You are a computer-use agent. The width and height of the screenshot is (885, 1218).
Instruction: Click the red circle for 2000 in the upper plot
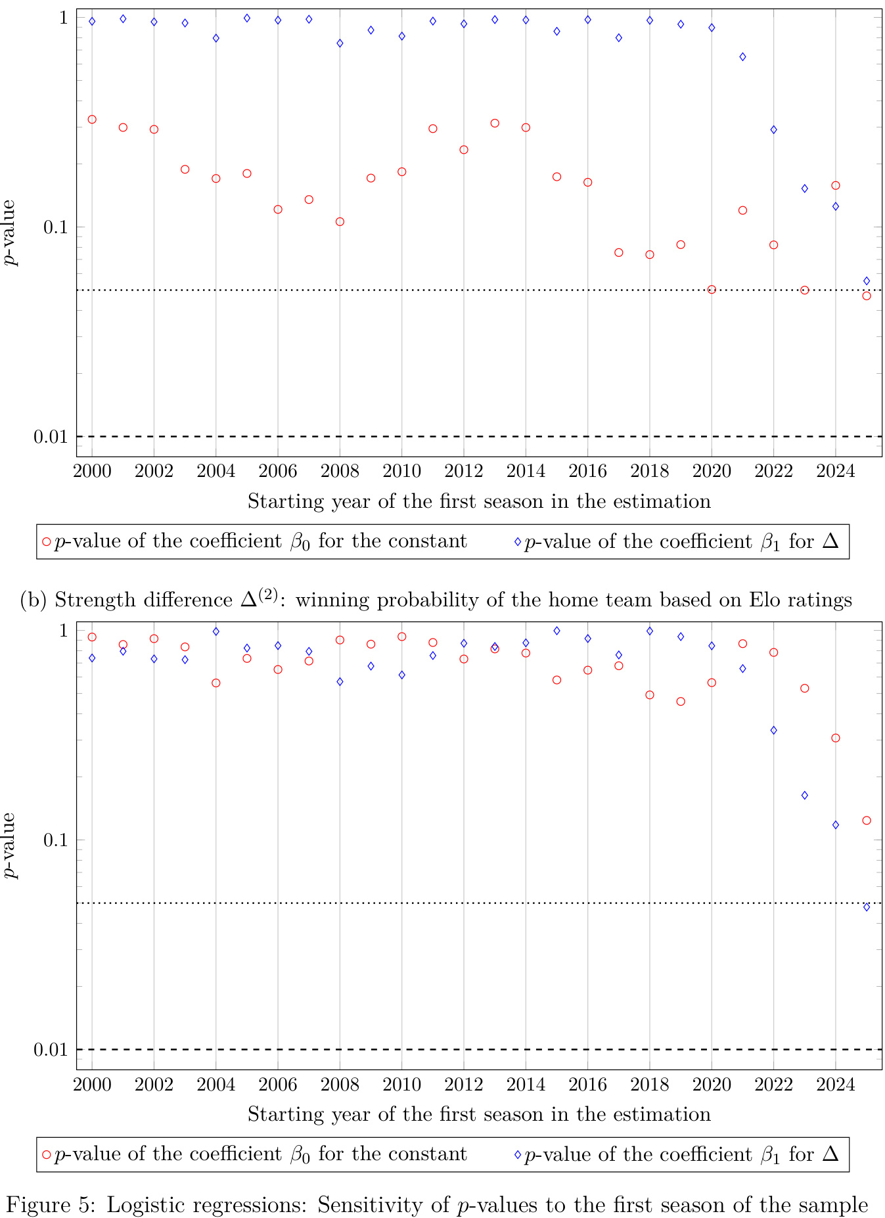92,120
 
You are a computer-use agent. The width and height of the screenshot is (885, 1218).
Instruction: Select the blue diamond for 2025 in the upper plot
866,281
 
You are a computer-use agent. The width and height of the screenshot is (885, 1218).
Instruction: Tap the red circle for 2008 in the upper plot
340,221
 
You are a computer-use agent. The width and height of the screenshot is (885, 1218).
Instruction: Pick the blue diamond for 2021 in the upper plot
742,57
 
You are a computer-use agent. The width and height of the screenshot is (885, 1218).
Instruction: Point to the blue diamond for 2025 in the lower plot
866,907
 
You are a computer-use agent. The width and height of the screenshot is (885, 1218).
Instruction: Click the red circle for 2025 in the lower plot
866,821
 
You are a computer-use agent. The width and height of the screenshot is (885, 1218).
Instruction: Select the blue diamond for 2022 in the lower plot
773,731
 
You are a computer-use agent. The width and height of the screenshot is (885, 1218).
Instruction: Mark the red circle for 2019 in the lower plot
681,702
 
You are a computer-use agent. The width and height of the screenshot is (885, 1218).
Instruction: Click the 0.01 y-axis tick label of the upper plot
50,437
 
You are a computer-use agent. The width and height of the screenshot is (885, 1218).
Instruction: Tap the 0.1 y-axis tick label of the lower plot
55,840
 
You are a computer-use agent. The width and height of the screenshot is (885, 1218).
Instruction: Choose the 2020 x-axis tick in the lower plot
712,1083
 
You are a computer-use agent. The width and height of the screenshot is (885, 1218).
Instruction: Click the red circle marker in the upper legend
46,542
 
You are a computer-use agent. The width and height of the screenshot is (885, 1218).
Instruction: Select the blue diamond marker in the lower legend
517,1155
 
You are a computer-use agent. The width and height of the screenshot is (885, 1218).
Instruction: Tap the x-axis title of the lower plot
479,1114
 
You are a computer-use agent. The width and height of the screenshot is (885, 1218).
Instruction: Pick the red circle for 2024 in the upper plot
835,185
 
